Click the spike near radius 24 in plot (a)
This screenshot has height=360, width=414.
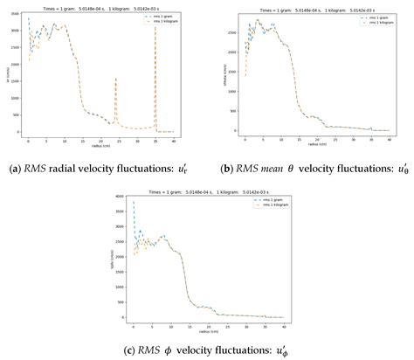[116, 80]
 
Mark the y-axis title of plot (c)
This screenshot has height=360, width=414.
[114, 260]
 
